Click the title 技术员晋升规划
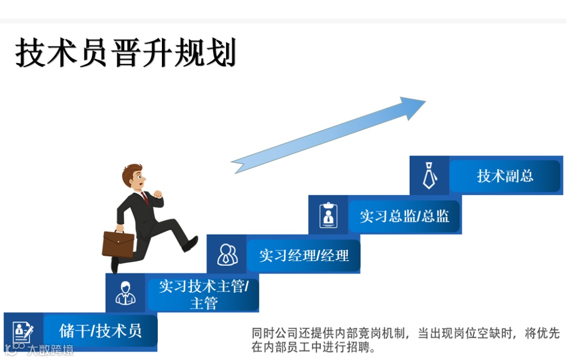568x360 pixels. pos(126,53)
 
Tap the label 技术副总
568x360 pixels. pos(505,176)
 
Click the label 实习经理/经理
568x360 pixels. pos(303,256)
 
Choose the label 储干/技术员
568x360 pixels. pos(100,331)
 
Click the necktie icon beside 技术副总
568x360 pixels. pos(430,176)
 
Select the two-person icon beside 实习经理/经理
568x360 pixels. pos(227,255)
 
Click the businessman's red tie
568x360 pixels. pos(145,198)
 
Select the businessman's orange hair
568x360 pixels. pos(131,171)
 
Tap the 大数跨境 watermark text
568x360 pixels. pos(50,349)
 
